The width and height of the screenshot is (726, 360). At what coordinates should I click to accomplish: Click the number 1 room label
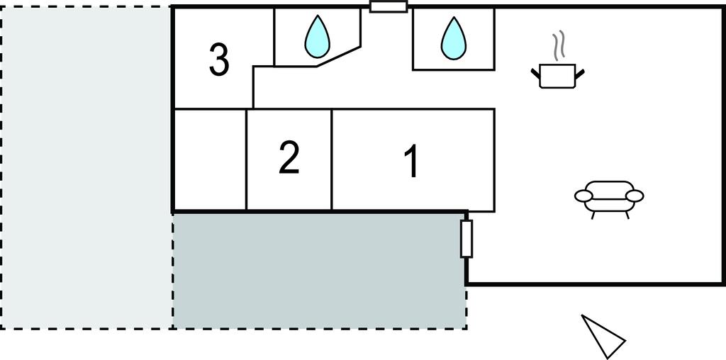(x=411, y=161)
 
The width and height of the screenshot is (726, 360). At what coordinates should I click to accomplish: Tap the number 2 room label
(x=289, y=158)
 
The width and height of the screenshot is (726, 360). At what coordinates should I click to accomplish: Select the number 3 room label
(x=219, y=60)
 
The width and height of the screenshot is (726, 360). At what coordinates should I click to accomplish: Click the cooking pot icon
(x=558, y=74)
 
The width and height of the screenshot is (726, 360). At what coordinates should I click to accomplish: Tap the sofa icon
(x=609, y=196)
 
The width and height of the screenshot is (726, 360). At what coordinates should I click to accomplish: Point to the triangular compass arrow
(x=603, y=335)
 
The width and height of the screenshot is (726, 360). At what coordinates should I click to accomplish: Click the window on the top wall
(x=389, y=7)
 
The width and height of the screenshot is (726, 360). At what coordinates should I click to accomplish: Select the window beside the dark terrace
(x=467, y=239)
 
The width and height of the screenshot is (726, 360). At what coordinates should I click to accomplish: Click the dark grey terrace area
(x=319, y=269)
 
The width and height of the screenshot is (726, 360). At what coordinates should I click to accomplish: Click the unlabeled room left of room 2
(x=210, y=159)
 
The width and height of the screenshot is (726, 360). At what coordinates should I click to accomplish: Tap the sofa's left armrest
(x=583, y=195)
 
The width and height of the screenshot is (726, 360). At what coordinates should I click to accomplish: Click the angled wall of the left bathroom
(x=339, y=57)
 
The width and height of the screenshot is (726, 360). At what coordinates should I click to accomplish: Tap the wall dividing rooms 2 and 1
(x=332, y=159)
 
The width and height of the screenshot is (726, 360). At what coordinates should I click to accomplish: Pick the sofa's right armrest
(x=635, y=196)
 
